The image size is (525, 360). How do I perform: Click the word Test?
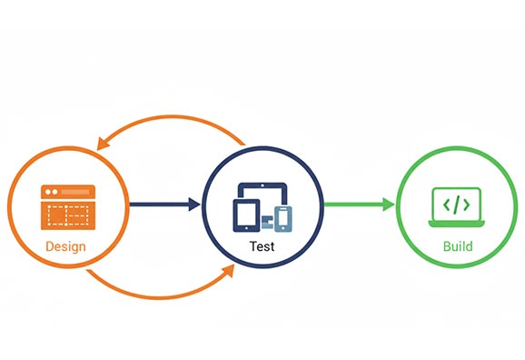(262, 246)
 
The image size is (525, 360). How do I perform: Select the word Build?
(457, 246)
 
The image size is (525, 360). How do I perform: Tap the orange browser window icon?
(67, 207)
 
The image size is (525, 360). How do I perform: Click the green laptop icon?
(457, 207)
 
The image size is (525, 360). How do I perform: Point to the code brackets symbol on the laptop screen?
(457, 204)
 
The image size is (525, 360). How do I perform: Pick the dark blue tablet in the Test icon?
(248, 215)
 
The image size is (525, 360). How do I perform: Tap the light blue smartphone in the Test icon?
(284, 219)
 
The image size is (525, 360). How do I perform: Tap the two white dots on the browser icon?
(50, 192)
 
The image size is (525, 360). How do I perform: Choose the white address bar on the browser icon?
(77, 192)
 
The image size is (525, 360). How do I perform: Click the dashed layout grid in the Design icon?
(67, 215)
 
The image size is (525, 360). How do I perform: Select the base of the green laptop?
(457, 223)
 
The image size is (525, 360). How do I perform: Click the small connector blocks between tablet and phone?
(268, 219)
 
